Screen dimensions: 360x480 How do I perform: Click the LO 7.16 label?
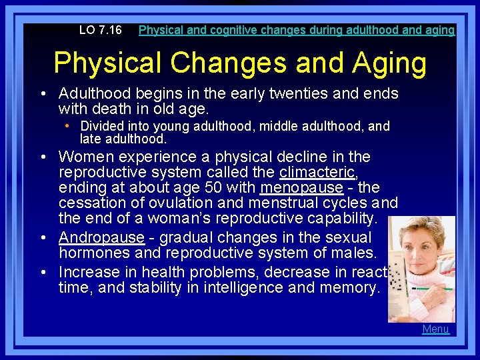pyautogui.click(x=100, y=30)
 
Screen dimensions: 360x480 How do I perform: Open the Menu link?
pyautogui.click(x=436, y=329)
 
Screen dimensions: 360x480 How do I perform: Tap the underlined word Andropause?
pyautogui.click(x=101, y=237)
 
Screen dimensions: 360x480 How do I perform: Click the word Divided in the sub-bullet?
pyautogui.click(x=102, y=127)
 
